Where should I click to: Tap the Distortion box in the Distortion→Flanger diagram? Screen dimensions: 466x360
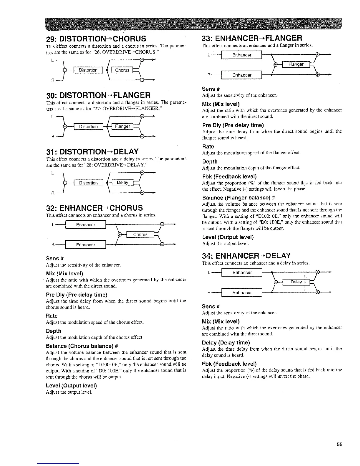point(88,127)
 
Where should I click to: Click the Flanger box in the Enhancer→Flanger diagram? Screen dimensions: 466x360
point(296,64)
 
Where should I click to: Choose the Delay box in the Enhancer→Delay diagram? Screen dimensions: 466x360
point(296,282)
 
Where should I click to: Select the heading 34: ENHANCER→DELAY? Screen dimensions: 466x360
point(246,255)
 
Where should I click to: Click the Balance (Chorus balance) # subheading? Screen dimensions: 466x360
point(78,345)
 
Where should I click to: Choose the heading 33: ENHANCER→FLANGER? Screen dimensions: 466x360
point(252,38)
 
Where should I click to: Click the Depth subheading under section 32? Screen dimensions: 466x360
point(54,331)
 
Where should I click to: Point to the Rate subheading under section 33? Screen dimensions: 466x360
point(208,147)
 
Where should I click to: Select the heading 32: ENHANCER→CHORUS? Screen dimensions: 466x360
point(94,208)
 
